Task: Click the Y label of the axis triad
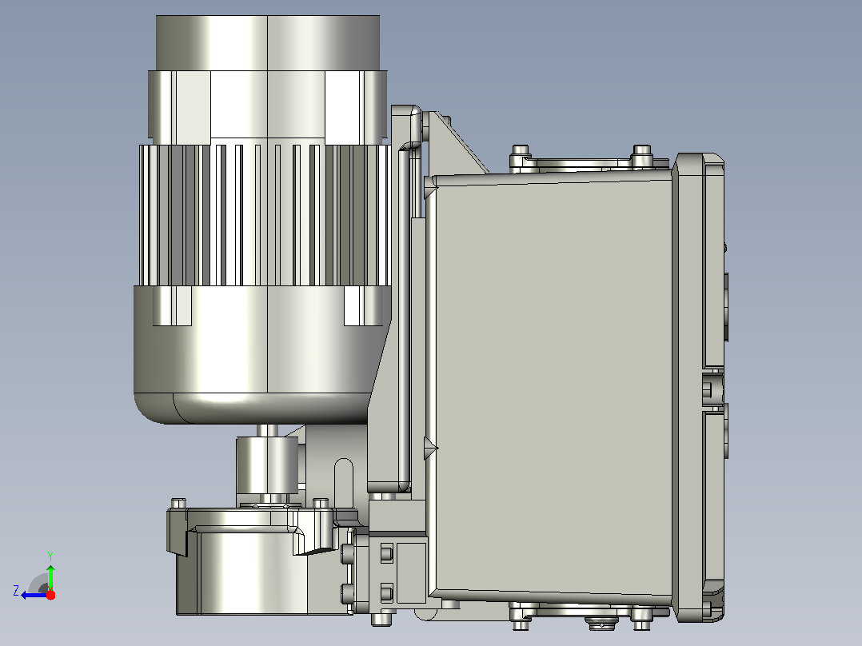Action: [x=50, y=556]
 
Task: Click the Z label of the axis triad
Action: [x=16, y=591]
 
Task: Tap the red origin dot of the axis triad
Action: [x=50, y=595]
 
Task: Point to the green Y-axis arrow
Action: [x=50, y=576]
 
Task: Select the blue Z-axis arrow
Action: [x=34, y=595]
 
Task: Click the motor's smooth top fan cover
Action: [x=268, y=43]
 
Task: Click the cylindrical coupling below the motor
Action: [x=267, y=465]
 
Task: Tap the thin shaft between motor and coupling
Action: [x=268, y=430]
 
